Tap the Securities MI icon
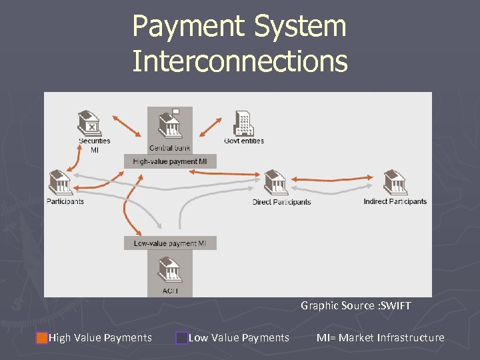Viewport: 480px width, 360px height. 89,123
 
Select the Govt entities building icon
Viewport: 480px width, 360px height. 243,123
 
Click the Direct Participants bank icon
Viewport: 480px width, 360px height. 275,183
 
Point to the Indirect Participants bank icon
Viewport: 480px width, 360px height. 395,183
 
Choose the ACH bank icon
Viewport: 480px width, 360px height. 169,271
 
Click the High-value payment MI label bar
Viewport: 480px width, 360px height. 169,161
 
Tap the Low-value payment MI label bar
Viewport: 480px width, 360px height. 169,243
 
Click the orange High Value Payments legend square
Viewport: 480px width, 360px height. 42,338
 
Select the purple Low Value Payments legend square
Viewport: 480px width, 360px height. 181,338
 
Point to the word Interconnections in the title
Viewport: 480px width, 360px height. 239,61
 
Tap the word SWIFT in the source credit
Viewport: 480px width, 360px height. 395,306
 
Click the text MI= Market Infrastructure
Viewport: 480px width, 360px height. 380,338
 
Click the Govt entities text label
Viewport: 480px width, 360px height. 244,141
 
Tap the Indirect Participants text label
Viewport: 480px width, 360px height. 395,201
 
